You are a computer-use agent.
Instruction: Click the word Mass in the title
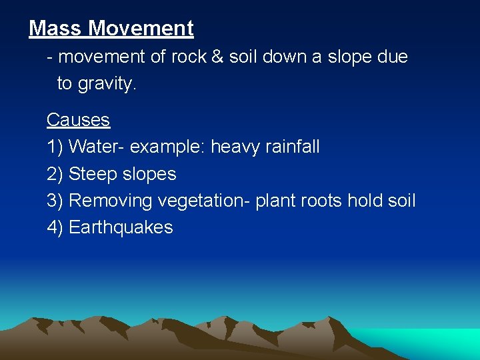point(56,29)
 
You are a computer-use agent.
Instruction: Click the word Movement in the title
point(141,29)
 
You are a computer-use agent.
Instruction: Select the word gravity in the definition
point(106,84)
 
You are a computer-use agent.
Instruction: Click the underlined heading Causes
point(78,120)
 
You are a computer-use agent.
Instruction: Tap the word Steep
point(93,174)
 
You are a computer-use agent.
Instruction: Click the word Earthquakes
point(121,227)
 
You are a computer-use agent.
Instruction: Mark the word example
point(167,147)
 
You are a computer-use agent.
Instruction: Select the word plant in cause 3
point(276,201)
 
